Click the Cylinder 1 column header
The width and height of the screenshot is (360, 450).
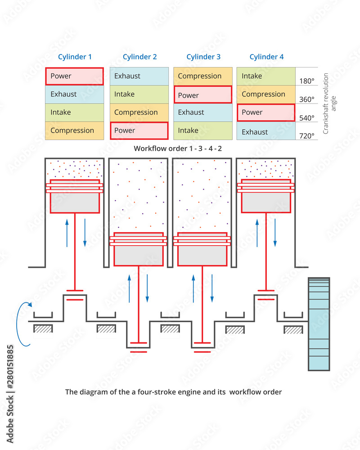click(75, 57)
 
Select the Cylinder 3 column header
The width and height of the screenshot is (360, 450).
click(203, 57)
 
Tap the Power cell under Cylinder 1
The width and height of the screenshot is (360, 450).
click(74, 76)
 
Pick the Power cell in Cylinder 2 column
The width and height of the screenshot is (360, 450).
click(139, 130)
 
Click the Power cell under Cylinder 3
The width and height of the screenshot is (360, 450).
click(202, 95)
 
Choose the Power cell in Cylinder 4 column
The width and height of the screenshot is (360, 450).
click(266, 112)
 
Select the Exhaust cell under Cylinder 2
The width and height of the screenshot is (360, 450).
click(139, 76)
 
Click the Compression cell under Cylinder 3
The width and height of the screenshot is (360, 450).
click(202, 76)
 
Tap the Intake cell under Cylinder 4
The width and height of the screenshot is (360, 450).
click(266, 76)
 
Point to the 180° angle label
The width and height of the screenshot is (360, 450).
click(306, 81)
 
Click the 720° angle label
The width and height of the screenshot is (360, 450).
click(306, 135)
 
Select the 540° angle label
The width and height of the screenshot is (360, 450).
click(306, 118)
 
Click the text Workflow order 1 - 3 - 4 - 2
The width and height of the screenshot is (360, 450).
click(178, 148)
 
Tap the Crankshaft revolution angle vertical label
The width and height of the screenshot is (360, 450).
click(329, 103)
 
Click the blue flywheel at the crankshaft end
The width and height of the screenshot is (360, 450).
click(319, 324)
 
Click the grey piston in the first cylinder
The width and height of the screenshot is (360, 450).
click(75, 202)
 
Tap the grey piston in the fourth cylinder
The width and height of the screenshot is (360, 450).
click(266, 202)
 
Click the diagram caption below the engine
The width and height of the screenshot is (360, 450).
click(173, 392)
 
